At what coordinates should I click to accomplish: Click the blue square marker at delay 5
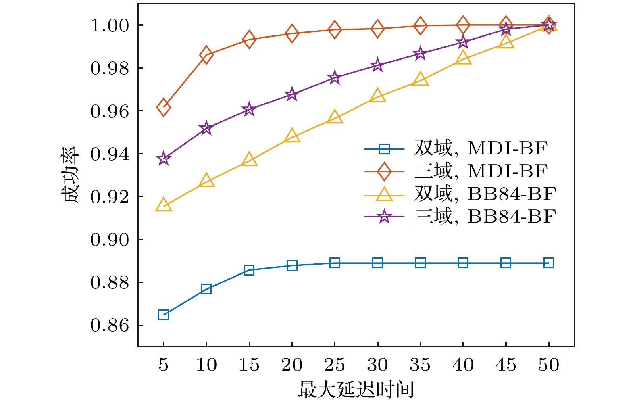(163, 315)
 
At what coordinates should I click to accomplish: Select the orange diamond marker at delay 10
(206, 55)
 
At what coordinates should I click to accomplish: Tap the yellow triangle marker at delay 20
(292, 137)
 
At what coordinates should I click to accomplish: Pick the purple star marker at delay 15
(249, 109)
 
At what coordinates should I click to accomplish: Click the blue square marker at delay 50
(548, 263)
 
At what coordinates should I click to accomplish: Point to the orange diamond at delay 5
(163, 107)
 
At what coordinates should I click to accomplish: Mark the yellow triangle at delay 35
(420, 79)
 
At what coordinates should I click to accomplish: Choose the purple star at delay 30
(377, 65)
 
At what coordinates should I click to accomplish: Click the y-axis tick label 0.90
(109, 240)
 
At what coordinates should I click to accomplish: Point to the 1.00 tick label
(109, 25)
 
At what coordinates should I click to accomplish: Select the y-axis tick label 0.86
(109, 325)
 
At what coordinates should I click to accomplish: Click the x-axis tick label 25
(335, 365)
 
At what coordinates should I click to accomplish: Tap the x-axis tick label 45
(506, 365)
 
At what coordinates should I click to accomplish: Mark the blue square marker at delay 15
(249, 270)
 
